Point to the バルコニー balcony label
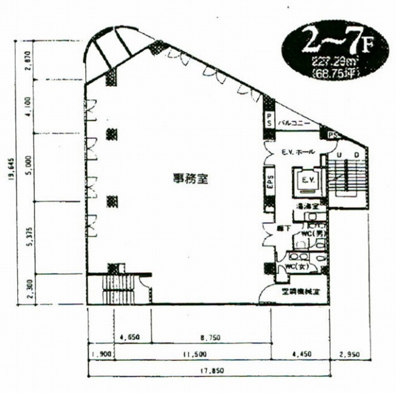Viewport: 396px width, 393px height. pos(294,123)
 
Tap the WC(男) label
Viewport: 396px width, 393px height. pos(312,233)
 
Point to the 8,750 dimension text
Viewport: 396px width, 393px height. pos(210,338)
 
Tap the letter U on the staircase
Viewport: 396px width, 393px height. pos(339,155)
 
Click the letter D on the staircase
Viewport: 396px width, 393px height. pos(356,155)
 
